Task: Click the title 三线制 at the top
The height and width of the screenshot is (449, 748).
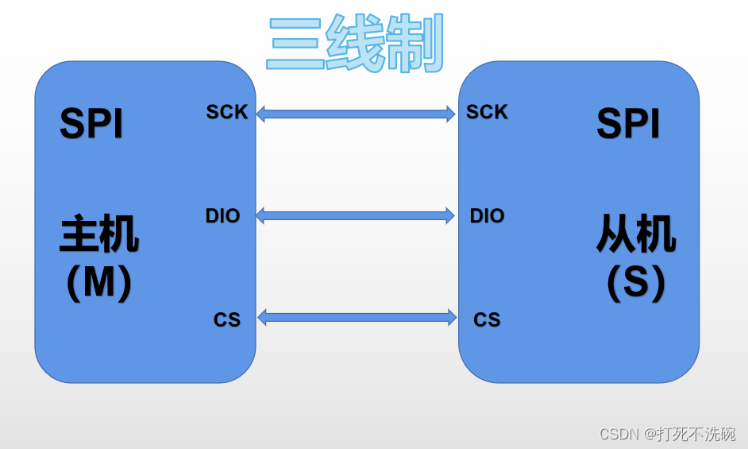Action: (355, 44)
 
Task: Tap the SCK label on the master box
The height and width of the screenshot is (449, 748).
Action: (227, 113)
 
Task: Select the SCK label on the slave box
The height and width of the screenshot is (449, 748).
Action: (487, 113)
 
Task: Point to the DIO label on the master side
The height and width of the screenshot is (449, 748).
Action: (222, 216)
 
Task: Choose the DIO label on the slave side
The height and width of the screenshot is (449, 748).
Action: (487, 216)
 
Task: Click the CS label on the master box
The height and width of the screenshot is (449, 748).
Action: (227, 320)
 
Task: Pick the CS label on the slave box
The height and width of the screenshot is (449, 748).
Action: (487, 320)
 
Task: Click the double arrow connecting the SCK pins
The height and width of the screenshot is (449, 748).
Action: (356, 114)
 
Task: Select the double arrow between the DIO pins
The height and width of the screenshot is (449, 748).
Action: (356, 215)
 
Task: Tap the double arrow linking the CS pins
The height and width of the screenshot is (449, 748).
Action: (357, 318)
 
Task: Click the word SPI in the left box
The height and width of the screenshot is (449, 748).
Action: (91, 125)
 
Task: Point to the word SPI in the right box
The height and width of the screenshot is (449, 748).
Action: (628, 125)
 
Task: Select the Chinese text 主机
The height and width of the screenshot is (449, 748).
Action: (99, 235)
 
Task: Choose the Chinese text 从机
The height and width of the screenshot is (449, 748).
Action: (636, 235)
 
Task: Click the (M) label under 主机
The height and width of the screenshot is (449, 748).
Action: (99, 282)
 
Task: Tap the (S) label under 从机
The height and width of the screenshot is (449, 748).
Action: (636, 282)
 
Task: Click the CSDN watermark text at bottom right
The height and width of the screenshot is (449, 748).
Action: (667, 434)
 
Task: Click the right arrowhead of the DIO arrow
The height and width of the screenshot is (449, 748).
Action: (449, 215)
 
